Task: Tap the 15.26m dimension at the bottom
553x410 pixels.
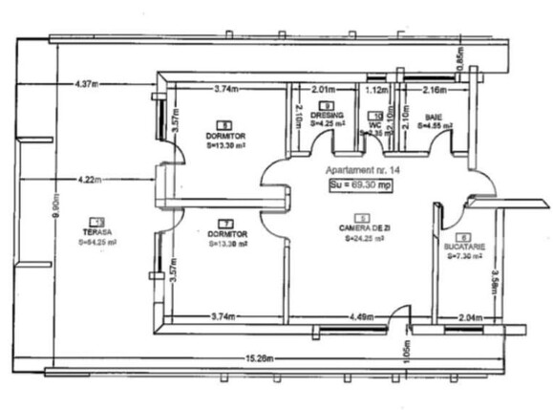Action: (x=261, y=358)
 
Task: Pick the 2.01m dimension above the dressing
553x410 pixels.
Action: (x=326, y=89)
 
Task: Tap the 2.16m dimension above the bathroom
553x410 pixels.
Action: (x=435, y=89)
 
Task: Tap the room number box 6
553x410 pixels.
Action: (x=463, y=237)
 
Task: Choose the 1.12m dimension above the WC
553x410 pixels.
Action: (x=375, y=89)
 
